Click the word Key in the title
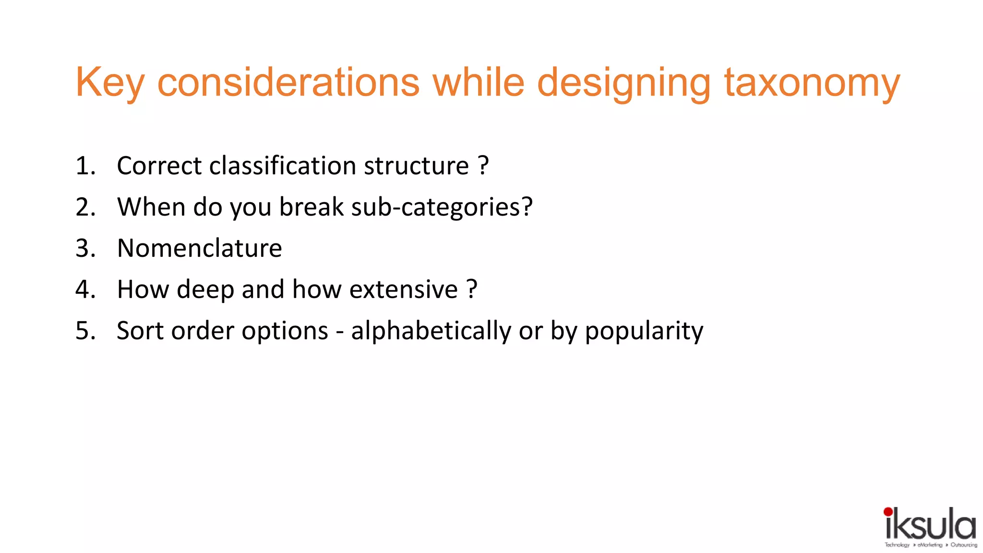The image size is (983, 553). tap(109, 83)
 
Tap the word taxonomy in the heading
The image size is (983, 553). tap(812, 83)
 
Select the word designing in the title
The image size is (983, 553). tap(623, 83)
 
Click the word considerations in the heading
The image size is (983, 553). tap(288, 83)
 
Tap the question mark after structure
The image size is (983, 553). tap(483, 166)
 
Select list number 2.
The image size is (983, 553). tap(85, 207)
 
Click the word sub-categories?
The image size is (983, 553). tap(442, 207)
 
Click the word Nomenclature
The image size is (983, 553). tap(199, 249)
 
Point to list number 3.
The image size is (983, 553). tap(85, 249)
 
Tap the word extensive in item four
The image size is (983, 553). tap(404, 290)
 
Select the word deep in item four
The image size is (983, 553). tap(205, 290)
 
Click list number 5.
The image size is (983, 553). tap(85, 331)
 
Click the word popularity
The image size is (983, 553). tap(644, 331)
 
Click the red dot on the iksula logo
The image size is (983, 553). tap(888, 512)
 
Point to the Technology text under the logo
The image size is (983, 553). tap(897, 545)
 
